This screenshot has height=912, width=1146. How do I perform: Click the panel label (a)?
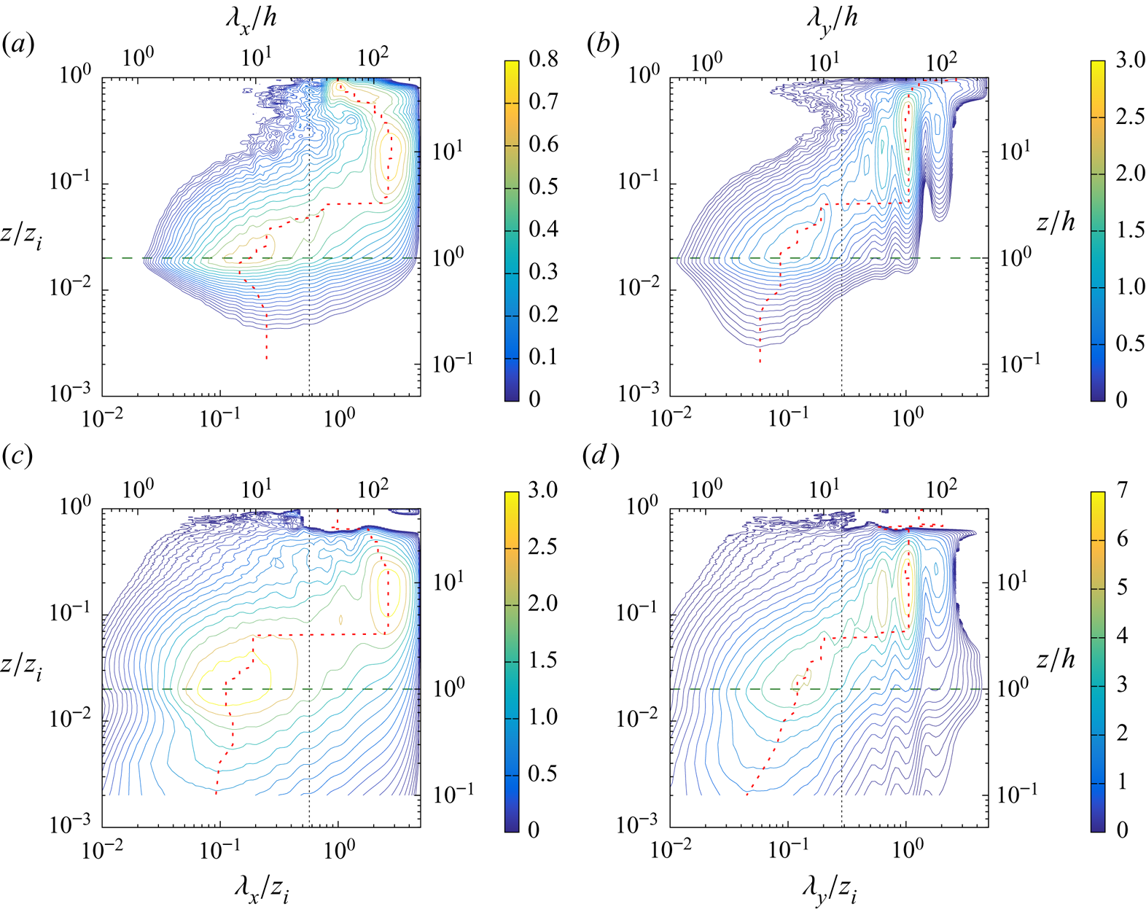point(18,45)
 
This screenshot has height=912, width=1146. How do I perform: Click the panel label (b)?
point(602,45)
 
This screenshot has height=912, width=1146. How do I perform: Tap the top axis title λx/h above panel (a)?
point(250,17)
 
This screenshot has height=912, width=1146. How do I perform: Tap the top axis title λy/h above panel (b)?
point(831,17)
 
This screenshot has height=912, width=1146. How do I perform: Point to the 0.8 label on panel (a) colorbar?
point(543,59)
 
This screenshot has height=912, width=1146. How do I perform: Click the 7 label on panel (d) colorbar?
point(1122,490)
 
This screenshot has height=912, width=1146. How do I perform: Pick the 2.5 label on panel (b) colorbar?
point(1129,117)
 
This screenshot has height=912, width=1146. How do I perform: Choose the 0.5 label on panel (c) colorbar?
point(542,773)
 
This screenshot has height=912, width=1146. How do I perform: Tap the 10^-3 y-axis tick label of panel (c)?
point(71,824)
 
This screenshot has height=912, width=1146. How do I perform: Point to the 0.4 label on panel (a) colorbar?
point(543,230)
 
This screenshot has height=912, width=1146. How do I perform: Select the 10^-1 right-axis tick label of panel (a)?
point(452,363)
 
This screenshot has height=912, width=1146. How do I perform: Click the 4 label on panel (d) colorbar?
point(1122,636)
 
